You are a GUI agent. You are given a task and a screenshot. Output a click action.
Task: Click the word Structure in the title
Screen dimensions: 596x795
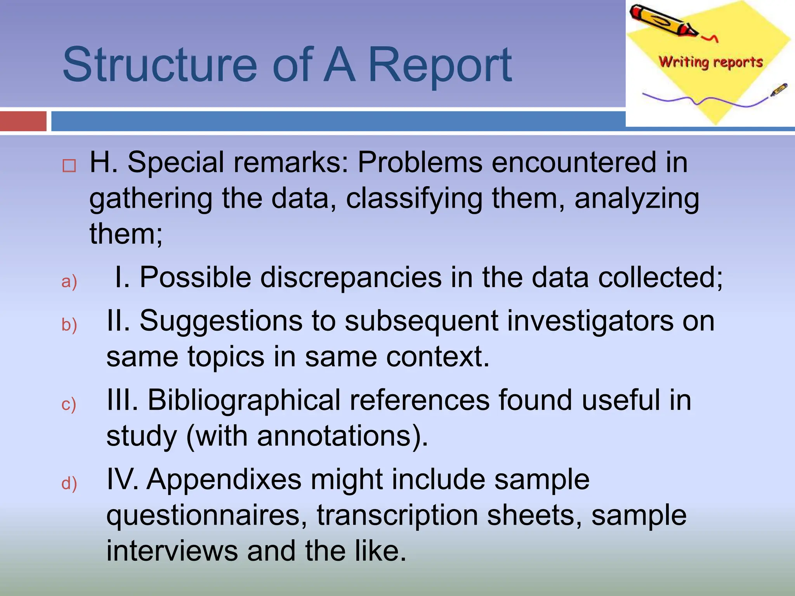[159, 65]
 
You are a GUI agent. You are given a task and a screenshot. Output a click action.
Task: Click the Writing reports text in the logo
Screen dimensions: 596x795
[711, 62]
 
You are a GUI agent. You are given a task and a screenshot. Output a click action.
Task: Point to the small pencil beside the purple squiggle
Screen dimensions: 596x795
[778, 90]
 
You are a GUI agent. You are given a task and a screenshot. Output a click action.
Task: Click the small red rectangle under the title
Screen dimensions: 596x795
[23, 121]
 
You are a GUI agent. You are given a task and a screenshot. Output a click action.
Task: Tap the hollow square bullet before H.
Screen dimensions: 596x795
[69, 166]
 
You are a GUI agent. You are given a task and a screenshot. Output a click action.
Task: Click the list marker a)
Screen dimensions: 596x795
[69, 281]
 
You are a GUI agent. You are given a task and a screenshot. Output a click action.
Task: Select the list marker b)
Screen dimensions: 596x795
[69, 325]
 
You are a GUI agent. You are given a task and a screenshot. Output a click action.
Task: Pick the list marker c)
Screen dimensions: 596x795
[69, 404]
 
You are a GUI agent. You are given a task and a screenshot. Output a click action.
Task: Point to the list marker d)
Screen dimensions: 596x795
[69, 483]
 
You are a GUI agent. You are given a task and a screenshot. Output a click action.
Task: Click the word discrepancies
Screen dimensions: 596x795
[351, 278]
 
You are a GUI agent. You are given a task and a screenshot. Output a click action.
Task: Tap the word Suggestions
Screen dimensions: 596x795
[221, 321]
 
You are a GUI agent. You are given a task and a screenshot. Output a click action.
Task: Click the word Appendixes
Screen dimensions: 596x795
[224, 480]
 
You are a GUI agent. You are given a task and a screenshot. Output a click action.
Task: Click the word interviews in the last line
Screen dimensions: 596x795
[172, 551]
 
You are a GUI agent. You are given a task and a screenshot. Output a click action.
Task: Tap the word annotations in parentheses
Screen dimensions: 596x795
[334, 436]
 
